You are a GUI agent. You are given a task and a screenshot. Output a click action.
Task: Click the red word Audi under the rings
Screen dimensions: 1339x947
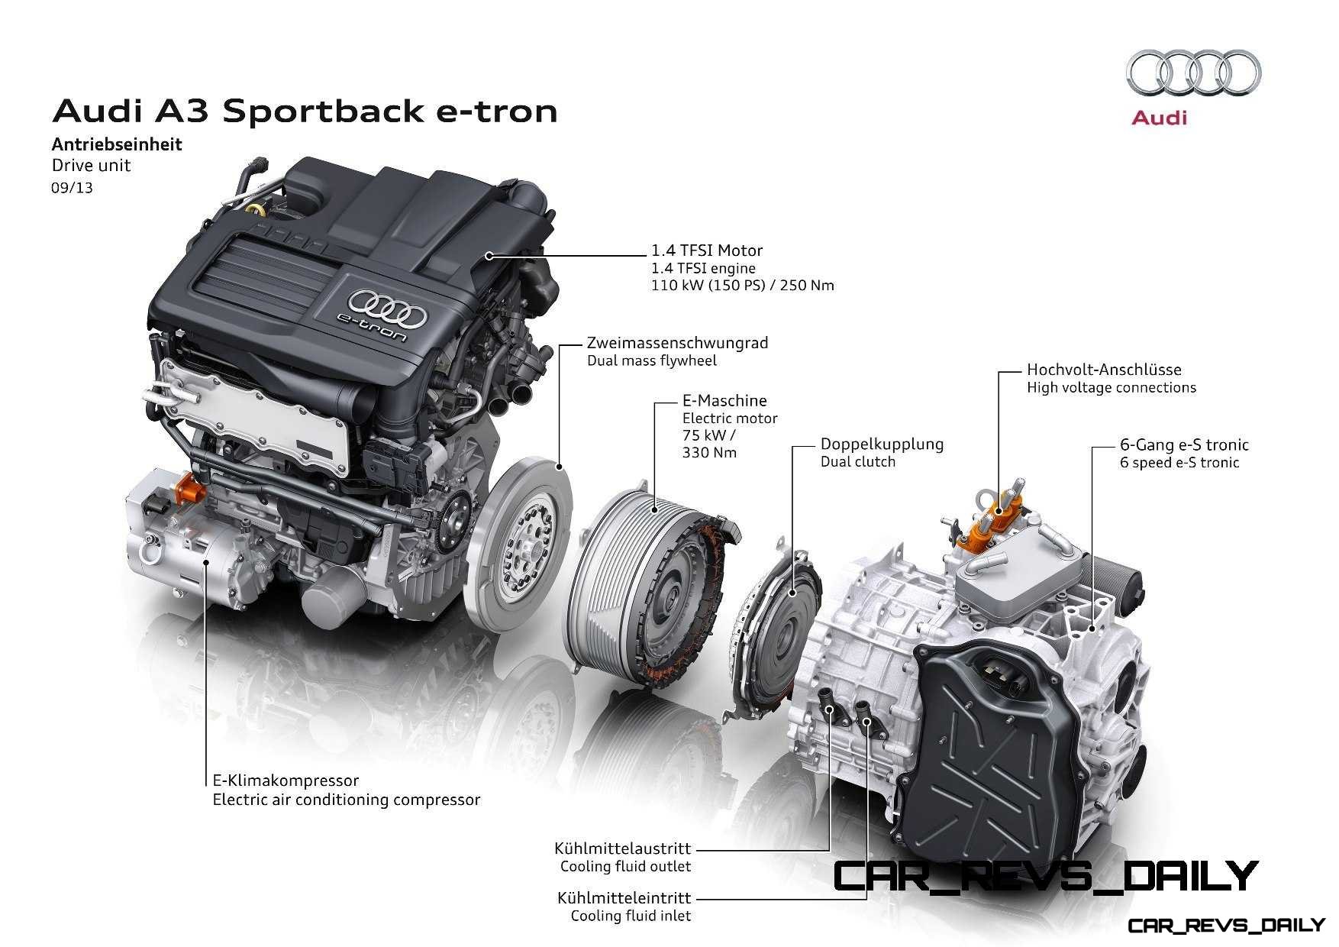click(1159, 118)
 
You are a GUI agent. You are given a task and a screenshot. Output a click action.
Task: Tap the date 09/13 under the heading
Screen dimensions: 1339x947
click(73, 188)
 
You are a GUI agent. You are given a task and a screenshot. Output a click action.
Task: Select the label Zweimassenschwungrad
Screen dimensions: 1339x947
click(678, 343)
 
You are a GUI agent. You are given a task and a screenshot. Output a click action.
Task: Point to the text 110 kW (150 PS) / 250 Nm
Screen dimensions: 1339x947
click(743, 286)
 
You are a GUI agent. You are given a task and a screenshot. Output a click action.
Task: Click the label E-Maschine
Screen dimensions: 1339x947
click(724, 400)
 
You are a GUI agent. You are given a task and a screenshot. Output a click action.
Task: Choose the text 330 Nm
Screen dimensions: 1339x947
click(710, 453)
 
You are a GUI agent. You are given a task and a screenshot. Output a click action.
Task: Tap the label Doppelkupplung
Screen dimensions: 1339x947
click(882, 444)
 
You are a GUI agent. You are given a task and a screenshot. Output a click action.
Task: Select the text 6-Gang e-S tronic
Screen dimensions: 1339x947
click(1184, 444)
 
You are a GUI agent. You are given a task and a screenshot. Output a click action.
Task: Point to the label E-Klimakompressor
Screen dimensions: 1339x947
click(286, 781)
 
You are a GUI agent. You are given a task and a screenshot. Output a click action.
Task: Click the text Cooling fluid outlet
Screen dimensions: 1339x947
click(625, 867)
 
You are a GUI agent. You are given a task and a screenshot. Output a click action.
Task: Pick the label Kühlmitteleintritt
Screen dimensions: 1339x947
click(624, 897)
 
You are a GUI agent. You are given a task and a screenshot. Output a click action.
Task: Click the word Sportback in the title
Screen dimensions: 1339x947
click(315, 112)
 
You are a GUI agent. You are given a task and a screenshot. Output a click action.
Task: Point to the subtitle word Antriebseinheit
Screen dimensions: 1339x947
click(117, 144)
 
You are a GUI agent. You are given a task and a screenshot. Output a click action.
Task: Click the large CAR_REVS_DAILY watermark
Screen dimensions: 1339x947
click(1044, 876)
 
